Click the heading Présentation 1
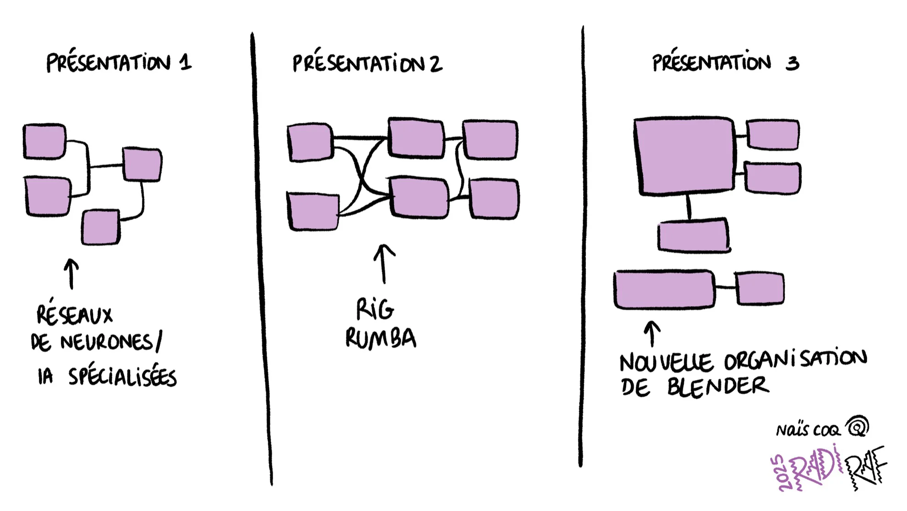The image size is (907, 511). (x=118, y=62)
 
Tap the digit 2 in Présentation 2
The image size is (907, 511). (x=436, y=64)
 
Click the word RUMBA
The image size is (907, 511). (x=380, y=338)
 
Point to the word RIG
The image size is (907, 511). (x=375, y=309)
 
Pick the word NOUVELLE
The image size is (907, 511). (x=666, y=363)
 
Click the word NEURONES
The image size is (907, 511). (x=106, y=342)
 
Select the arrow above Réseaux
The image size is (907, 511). (x=71, y=274)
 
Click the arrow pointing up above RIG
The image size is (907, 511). (x=384, y=264)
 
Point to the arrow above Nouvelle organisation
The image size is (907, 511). (x=652, y=333)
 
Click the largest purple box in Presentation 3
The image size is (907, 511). (x=684, y=156)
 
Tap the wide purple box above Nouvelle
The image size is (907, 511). (x=664, y=289)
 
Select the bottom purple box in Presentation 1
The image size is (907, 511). (x=101, y=227)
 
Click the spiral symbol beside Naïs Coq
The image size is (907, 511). (x=858, y=427)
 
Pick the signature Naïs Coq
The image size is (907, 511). (x=808, y=430)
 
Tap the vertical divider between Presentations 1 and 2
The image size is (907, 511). (x=261, y=257)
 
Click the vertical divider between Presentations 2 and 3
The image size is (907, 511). (x=582, y=247)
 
